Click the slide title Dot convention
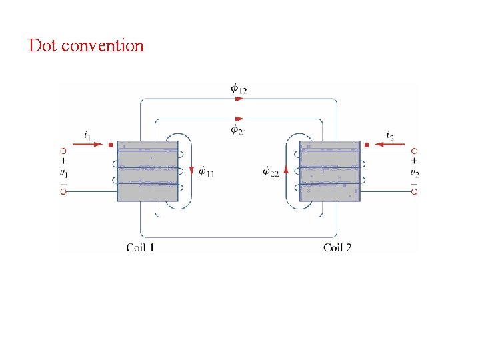tap(86, 46)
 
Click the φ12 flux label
tap(238, 87)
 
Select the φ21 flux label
tap(238, 130)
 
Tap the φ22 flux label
tap(271, 172)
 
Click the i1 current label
tap(88, 135)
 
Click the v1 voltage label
tap(63, 173)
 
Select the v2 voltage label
tap(414, 173)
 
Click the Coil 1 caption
tap(140, 247)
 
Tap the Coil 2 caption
tap(337, 247)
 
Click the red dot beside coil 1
tap(110, 144)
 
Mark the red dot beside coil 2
tap(367, 144)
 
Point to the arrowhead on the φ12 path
tap(239, 99)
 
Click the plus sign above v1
tap(63, 161)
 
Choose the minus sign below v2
tap(414, 183)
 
